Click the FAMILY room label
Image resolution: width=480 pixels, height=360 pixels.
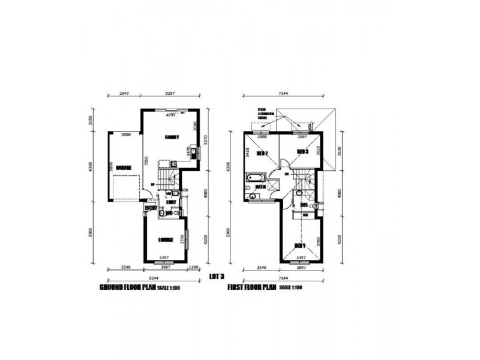(x=172, y=137)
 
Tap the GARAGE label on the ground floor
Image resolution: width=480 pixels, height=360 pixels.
(x=124, y=168)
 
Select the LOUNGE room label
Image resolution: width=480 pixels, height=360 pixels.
(x=166, y=239)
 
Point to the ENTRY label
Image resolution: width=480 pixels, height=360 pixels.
(x=150, y=208)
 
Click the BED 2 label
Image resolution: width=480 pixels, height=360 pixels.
(x=262, y=154)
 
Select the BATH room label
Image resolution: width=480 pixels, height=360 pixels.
(x=261, y=186)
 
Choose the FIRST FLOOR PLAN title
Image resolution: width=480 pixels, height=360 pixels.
(x=253, y=288)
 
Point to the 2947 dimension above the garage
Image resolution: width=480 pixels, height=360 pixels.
(x=125, y=94)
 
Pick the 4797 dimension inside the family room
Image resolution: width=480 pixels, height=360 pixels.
(x=172, y=114)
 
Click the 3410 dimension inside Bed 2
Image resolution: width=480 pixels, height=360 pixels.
(x=247, y=151)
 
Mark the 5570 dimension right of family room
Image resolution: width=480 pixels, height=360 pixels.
(x=205, y=140)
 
